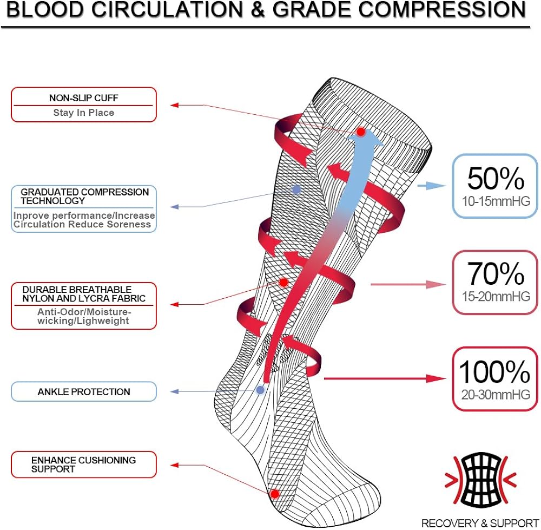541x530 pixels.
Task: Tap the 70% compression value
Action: click(x=496, y=274)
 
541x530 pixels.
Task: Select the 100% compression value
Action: click(x=494, y=372)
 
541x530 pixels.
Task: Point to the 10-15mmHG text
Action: click(x=496, y=202)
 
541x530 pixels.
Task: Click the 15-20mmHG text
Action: click(x=496, y=297)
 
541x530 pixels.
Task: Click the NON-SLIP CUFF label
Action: click(x=83, y=98)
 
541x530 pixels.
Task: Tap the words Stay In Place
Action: click(x=83, y=113)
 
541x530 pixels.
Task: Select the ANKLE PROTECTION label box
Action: click(x=84, y=391)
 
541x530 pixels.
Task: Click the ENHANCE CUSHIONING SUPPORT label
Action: click(x=83, y=464)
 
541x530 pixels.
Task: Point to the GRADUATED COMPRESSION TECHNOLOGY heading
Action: click(x=84, y=196)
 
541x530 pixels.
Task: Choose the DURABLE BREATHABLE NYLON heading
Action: click(x=84, y=293)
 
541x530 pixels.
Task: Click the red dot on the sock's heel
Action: click(x=274, y=494)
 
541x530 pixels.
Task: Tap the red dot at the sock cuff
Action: click(x=361, y=132)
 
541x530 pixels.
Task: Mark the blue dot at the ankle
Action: click(x=260, y=389)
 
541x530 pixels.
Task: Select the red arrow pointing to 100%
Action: click(x=384, y=378)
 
